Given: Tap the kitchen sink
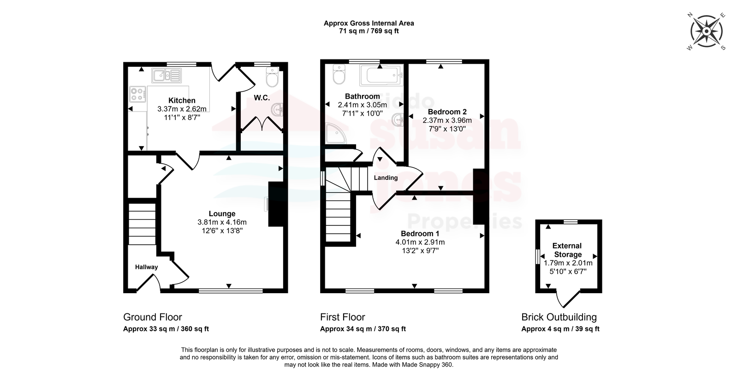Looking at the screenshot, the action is coord(167,76).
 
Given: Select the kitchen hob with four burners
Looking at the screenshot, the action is coord(138,94).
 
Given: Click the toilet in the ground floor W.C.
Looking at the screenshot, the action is coord(273,77).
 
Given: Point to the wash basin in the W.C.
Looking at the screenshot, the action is coord(277,110).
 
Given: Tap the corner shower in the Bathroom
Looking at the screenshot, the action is coord(336,134).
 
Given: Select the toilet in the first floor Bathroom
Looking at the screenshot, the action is coord(339,74).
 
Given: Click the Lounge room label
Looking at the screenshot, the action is coord(222,214).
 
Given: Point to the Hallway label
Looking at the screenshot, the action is coord(146,267).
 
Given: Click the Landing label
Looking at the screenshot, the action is coord(386,178).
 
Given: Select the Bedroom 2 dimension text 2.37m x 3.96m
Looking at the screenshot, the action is coord(447,120).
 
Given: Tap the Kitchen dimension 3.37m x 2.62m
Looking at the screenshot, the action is coord(182,109).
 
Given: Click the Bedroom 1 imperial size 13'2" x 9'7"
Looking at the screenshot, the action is coord(420,251).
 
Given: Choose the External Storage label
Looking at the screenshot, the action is coord(567,250).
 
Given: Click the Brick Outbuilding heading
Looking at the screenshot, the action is coord(559,317).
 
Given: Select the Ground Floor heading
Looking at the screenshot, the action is coord(153,317).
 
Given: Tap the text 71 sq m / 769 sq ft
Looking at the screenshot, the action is coord(369,31).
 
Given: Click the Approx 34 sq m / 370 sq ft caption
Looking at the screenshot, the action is coord(363,329).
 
